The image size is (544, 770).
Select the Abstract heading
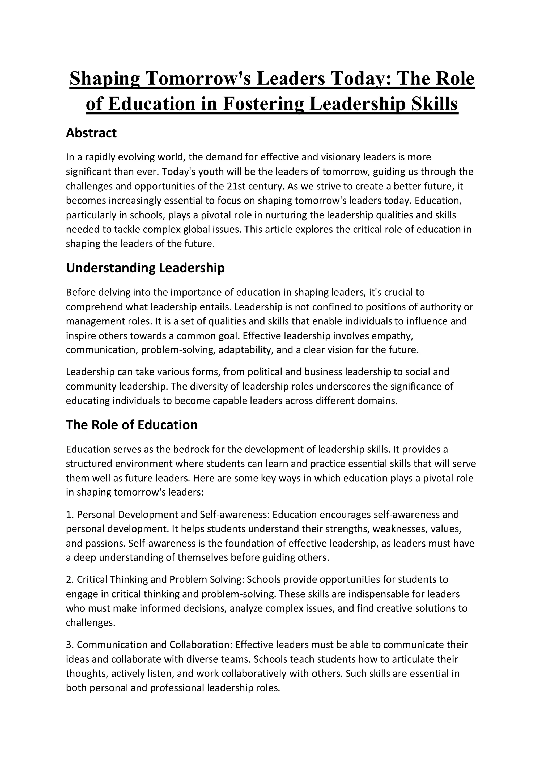pos(91,133)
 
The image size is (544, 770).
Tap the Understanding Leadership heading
pos(145,268)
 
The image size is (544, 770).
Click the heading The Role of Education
pos(132,425)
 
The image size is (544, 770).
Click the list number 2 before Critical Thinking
pos(69,579)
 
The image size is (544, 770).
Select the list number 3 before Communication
pos(69,645)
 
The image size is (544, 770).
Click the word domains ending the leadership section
pos(376,401)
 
